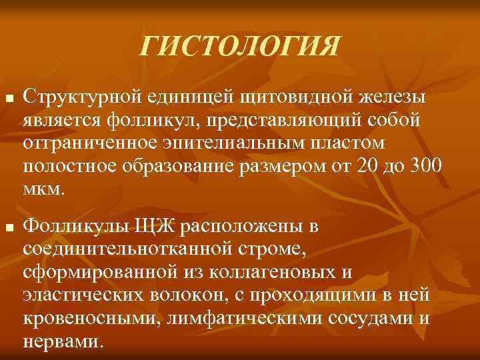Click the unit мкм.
(x=43, y=188)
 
